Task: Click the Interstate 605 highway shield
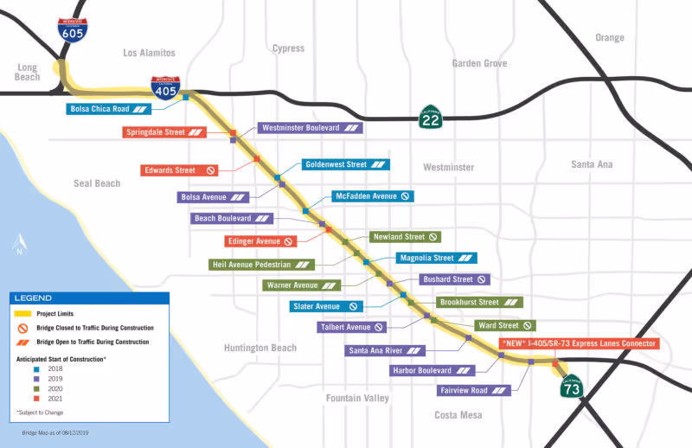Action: pyautogui.click(x=73, y=30)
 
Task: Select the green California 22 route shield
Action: pyautogui.click(x=431, y=116)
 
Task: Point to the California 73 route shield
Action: pyautogui.click(x=572, y=387)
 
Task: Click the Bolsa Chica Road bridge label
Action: pyautogui.click(x=111, y=109)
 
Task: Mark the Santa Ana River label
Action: pyautogui.click(x=386, y=350)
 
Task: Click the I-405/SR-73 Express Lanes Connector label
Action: pyautogui.click(x=579, y=343)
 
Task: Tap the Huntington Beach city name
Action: pyautogui.click(x=259, y=349)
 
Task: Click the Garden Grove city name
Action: pyautogui.click(x=479, y=63)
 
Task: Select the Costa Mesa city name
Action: pyautogui.click(x=458, y=415)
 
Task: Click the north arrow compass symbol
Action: pyautogui.click(x=18, y=244)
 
